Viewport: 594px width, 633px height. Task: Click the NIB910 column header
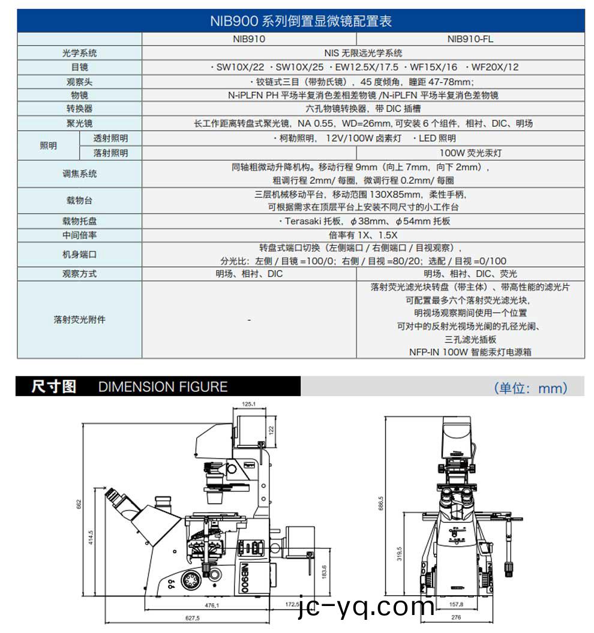tap(249, 39)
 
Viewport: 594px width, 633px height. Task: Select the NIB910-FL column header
tap(470, 39)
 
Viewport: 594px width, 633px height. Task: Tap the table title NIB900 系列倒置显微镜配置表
tap(301, 21)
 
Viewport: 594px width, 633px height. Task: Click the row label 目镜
tap(79, 67)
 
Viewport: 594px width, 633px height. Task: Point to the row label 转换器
tap(79, 109)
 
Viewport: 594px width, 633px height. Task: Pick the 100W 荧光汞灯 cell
tap(470, 153)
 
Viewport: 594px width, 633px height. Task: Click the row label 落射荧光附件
tap(79, 320)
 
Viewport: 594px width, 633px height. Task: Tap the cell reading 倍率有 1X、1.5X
tap(363, 235)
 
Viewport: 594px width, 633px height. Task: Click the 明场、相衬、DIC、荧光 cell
tap(470, 274)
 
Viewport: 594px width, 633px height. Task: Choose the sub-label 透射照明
tap(110, 139)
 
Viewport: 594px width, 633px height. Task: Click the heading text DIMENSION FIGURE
tap(163, 387)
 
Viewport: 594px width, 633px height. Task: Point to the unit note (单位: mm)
tap(530, 388)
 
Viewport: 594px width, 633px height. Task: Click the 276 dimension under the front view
tap(456, 617)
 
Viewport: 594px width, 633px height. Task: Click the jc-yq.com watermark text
tap(366, 607)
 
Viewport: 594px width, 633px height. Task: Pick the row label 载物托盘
tap(79, 221)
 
